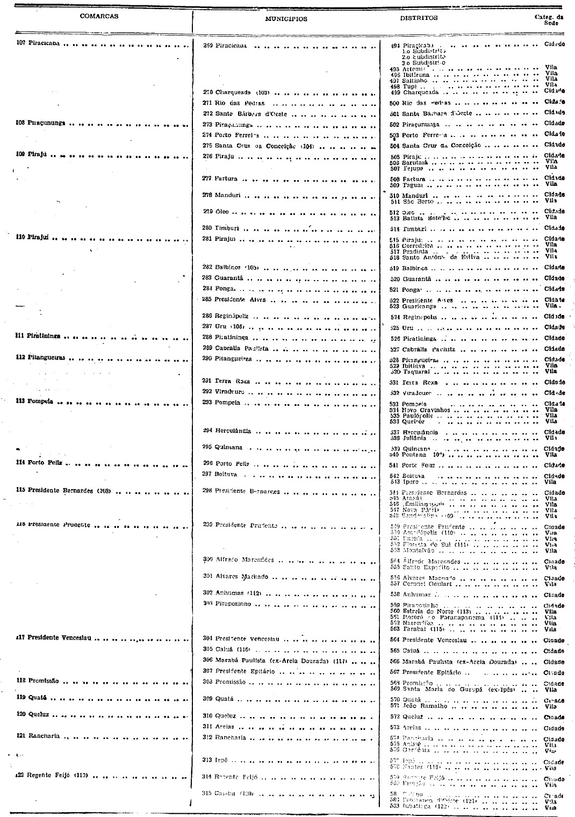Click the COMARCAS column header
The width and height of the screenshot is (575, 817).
pyautogui.click(x=99, y=16)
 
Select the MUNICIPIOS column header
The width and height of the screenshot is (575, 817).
pyautogui.click(x=286, y=19)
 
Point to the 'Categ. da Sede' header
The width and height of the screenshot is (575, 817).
pyautogui.click(x=549, y=20)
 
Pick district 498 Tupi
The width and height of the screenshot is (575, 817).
pyautogui.click(x=411, y=86)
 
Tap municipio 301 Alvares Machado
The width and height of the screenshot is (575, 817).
pyautogui.click(x=238, y=577)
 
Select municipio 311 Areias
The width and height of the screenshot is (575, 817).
pyautogui.click(x=225, y=726)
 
